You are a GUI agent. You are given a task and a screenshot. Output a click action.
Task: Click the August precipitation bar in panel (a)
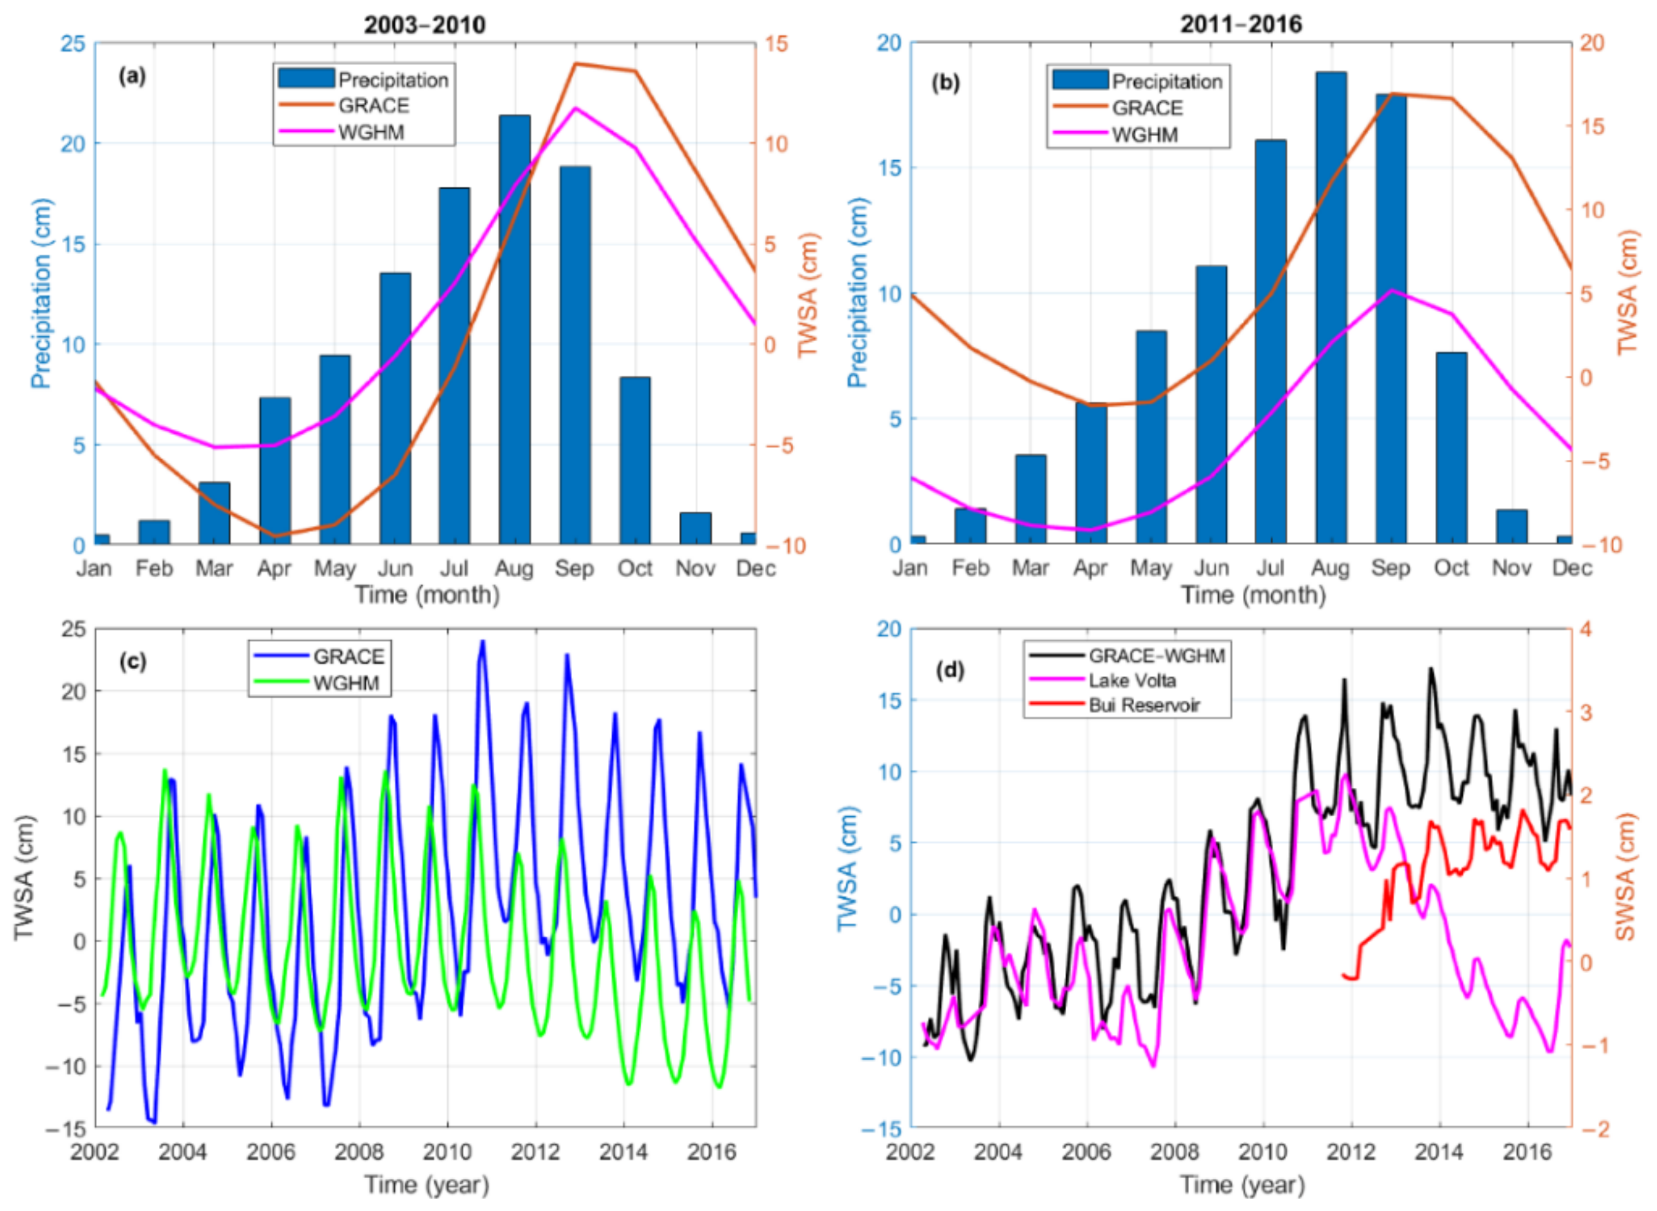514,330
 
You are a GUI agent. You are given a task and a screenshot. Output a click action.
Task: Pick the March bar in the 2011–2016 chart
1030,499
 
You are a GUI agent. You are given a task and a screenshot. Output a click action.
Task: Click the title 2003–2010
424,25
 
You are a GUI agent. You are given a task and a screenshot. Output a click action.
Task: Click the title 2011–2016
1241,25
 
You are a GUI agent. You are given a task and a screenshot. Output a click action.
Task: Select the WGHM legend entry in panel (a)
371,132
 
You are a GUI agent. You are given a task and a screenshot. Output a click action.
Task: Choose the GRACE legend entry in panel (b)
1147,108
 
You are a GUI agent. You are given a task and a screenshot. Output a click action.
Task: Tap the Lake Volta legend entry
1132,681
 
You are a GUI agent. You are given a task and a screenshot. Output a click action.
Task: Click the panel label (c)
132,661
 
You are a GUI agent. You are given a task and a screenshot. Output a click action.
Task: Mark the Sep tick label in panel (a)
574,568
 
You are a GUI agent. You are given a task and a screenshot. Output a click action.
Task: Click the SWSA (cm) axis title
1625,876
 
